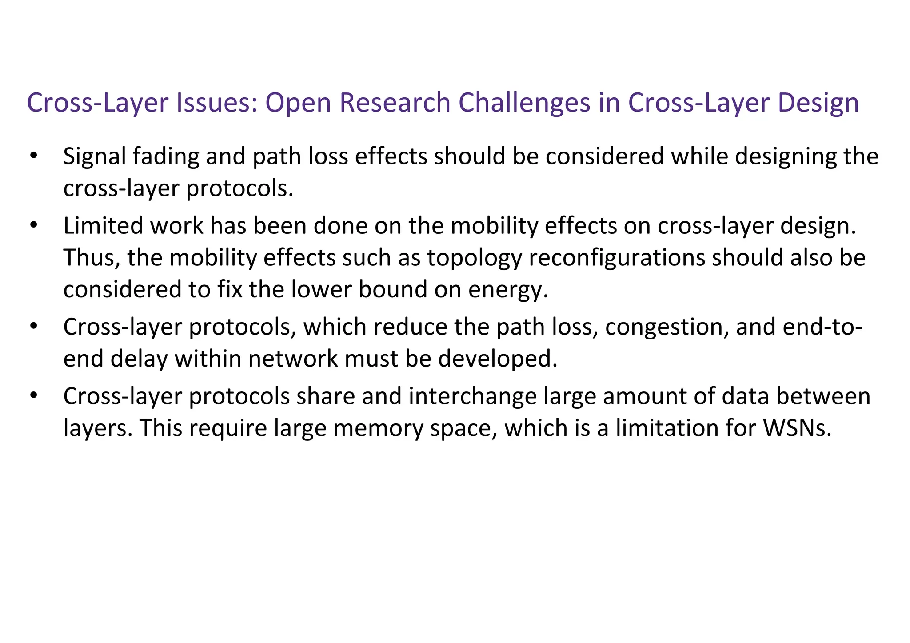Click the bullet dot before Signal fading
(x=33, y=156)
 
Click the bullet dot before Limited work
(x=33, y=226)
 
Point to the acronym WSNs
(x=797, y=428)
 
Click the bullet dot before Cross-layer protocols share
(x=33, y=396)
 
